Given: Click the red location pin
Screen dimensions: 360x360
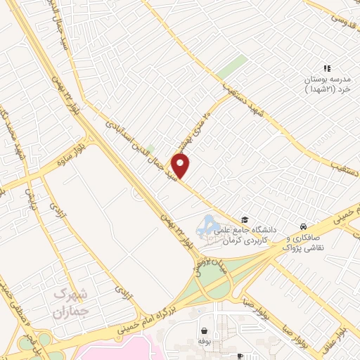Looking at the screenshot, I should (x=181, y=166).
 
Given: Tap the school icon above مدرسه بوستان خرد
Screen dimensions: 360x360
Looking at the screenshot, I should (x=326, y=68).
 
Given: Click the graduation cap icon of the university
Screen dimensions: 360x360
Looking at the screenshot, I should (x=245, y=219).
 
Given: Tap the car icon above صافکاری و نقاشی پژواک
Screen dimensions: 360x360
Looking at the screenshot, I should (x=302, y=227).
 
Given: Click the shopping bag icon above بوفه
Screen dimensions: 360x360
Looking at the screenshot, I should (x=204, y=330).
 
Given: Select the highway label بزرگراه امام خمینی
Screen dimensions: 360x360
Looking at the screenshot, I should (x=149, y=319).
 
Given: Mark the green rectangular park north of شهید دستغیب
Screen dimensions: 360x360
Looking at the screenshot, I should (x=231, y=67).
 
